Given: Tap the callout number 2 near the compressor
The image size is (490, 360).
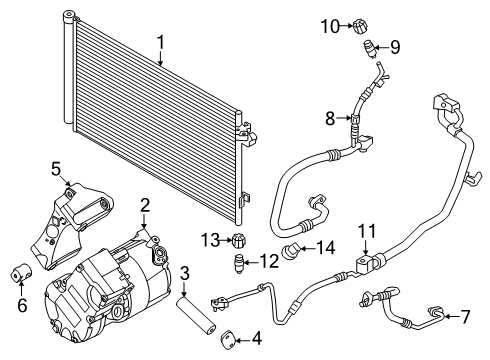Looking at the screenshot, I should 145,206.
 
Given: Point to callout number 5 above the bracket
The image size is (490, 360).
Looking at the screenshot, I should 57,168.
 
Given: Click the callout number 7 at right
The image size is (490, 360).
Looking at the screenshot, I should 464,317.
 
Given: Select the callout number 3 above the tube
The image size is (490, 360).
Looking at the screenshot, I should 184,273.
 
